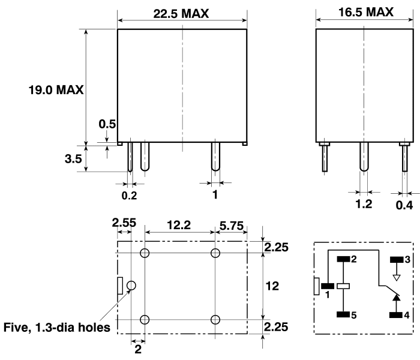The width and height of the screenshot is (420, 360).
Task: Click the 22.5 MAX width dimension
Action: coord(181,14)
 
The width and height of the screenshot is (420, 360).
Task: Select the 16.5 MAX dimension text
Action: coord(364,12)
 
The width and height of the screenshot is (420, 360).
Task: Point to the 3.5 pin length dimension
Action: coord(73,160)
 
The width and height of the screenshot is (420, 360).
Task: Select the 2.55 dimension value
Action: coord(124,223)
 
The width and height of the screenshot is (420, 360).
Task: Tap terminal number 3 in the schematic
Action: coord(409,260)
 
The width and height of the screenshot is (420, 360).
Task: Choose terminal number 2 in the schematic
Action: coord(355,260)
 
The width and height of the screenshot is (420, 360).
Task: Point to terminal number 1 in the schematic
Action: coord(328,295)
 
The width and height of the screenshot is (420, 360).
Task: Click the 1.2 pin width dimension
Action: coord(364,204)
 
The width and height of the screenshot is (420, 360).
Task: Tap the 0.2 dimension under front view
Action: coord(129,195)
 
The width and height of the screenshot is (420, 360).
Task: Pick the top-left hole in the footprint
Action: coord(145,253)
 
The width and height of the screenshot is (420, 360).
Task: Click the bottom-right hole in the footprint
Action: coord(215,319)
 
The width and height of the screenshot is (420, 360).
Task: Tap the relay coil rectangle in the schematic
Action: coord(343,286)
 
